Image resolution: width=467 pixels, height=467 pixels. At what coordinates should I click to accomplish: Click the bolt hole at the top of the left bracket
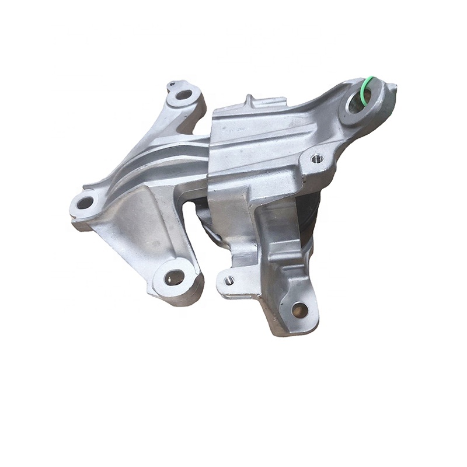pyautogui.click(x=184, y=95)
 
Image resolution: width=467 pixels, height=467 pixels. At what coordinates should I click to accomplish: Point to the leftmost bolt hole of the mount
pyautogui.click(x=85, y=203)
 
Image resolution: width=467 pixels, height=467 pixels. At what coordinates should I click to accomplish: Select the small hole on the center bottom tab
pyautogui.click(x=229, y=281)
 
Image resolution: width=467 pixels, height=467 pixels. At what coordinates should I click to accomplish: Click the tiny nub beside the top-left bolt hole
pyautogui.click(x=170, y=85)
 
